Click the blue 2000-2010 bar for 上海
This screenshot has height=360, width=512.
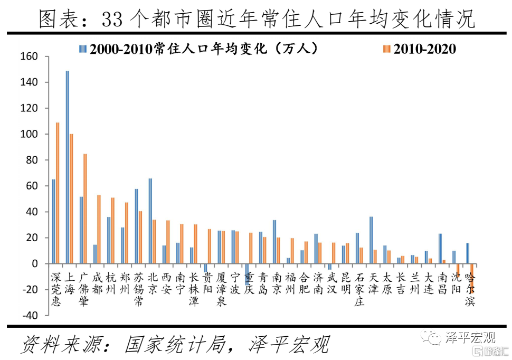(67, 167)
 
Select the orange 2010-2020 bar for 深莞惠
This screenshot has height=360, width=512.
(58, 193)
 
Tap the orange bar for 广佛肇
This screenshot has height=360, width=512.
(85, 209)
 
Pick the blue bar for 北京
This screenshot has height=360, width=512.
(150, 221)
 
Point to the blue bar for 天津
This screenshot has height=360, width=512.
(371, 240)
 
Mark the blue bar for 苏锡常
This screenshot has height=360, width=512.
(136, 226)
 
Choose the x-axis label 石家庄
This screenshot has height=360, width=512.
(359, 289)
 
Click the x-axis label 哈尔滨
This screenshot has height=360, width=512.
(469, 289)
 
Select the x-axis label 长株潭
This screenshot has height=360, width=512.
(194, 289)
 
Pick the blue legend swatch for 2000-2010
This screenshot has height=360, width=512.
(83, 49)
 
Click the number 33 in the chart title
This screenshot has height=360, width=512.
(112, 20)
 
